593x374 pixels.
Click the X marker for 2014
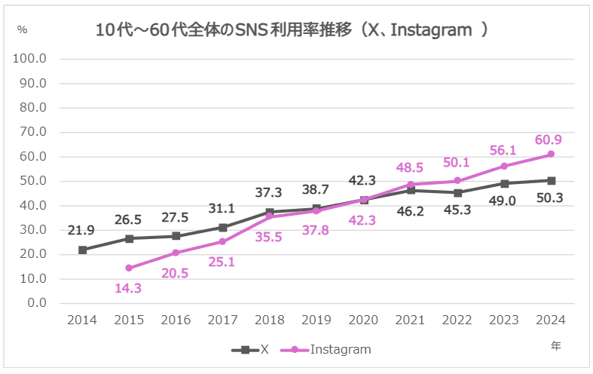point(82,250)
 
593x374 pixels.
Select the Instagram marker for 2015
point(129,268)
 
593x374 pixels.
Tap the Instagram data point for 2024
point(551,154)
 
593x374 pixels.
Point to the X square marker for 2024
point(551,180)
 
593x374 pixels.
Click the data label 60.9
point(549,139)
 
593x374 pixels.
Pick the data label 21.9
point(81,229)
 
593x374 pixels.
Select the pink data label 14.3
point(129,287)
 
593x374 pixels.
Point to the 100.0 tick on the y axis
point(31,59)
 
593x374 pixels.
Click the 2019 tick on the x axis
point(316,320)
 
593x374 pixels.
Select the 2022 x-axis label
point(457,320)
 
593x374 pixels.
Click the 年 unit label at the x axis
point(555,345)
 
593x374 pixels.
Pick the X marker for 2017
point(223,227)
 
